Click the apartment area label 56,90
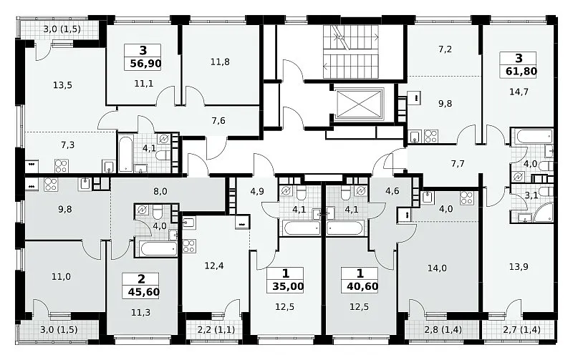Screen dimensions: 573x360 coord(145,64)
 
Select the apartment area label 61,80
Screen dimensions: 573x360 coord(521,71)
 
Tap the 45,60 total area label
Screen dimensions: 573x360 coord(144,292)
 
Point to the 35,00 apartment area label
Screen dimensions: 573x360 coord(288,286)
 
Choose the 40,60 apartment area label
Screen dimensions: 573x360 coord(362,286)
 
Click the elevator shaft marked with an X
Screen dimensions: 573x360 coord(360,103)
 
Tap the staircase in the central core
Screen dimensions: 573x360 coord(351,52)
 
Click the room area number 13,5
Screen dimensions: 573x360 coord(62,85)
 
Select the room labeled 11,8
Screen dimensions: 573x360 coord(220,62)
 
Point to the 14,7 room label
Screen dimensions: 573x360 coord(519,92)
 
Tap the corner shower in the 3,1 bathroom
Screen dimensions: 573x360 coord(544,213)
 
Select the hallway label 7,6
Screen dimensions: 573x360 coord(218,120)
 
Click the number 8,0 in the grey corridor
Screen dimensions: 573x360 coord(160,191)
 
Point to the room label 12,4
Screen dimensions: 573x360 coord(214,266)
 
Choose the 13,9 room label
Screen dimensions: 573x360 coord(519,267)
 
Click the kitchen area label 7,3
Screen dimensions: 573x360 coord(67,145)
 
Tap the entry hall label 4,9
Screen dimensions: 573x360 coord(257,191)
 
